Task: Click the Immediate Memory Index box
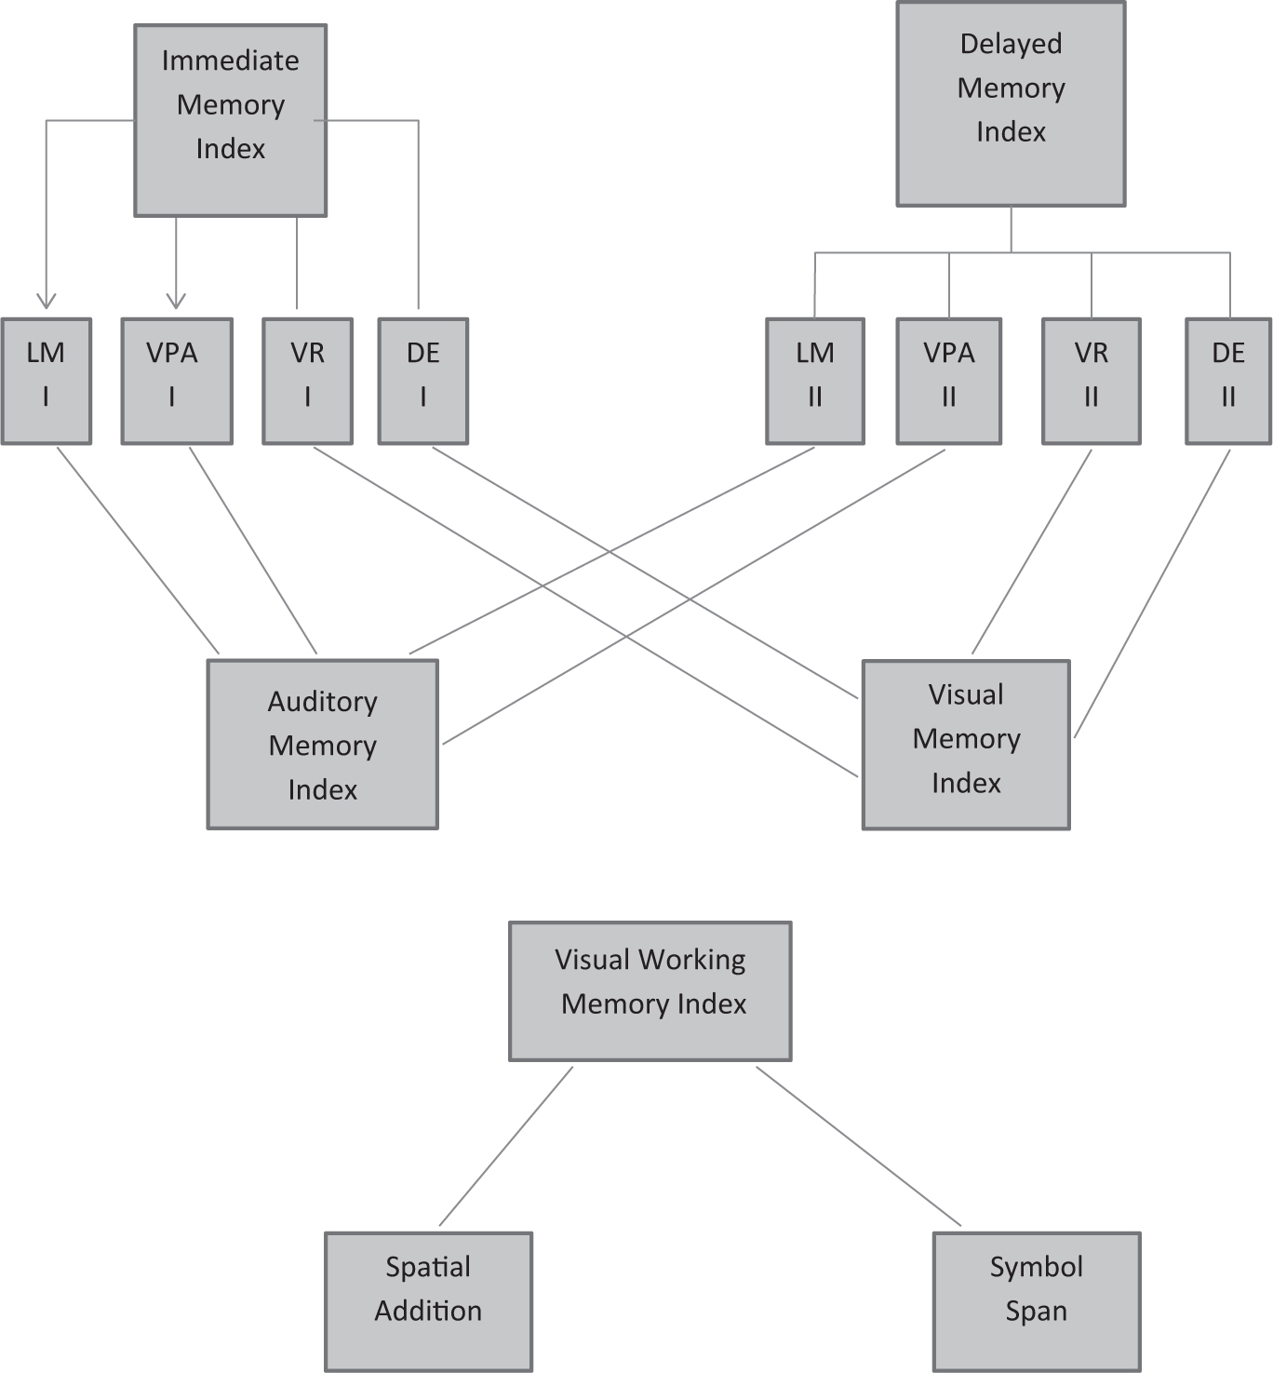click(230, 121)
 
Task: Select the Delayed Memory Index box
click(1011, 103)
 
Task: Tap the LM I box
click(47, 381)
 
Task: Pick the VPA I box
click(177, 381)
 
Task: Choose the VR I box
click(307, 381)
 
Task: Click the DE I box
click(423, 381)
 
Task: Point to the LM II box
click(815, 381)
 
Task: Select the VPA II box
click(949, 381)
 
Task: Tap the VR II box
click(1092, 381)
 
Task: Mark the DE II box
click(1228, 381)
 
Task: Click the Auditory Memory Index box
click(322, 745)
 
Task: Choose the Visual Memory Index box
click(966, 745)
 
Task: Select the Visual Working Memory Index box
click(650, 991)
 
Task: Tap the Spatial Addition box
click(428, 1301)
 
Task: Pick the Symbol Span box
click(1037, 1301)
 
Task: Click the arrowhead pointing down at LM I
click(47, 302)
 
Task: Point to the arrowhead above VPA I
click(176, 302)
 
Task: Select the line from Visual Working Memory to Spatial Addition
click(506, 1146)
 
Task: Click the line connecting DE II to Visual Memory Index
click(1152, 594)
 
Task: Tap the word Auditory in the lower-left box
click(322, 702)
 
